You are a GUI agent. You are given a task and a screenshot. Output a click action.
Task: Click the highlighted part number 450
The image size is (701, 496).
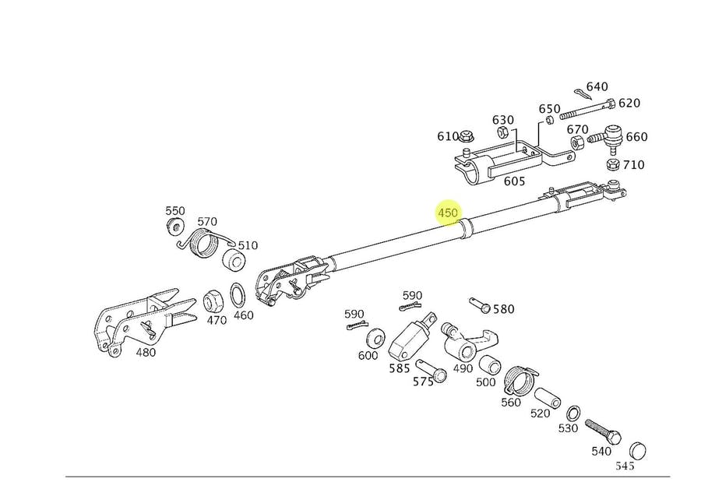click(x=448, y=213)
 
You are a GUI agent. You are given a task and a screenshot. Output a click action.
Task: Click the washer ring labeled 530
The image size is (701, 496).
click(x=572, y=412)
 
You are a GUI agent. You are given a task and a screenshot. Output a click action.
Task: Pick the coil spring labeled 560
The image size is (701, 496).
click(x=517, y=379)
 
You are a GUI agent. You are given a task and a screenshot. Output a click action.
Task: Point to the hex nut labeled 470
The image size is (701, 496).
click(x=213, y=299)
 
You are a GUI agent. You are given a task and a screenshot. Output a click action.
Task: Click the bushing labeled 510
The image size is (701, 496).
click(x=233, y=260)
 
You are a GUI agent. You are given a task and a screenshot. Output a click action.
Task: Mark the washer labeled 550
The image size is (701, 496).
click(x=174, y=227)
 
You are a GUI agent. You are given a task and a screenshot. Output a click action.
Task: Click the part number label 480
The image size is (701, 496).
click(x=146, y=351)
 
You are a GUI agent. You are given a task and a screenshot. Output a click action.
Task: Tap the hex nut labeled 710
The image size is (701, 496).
click(x=612, y=165)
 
